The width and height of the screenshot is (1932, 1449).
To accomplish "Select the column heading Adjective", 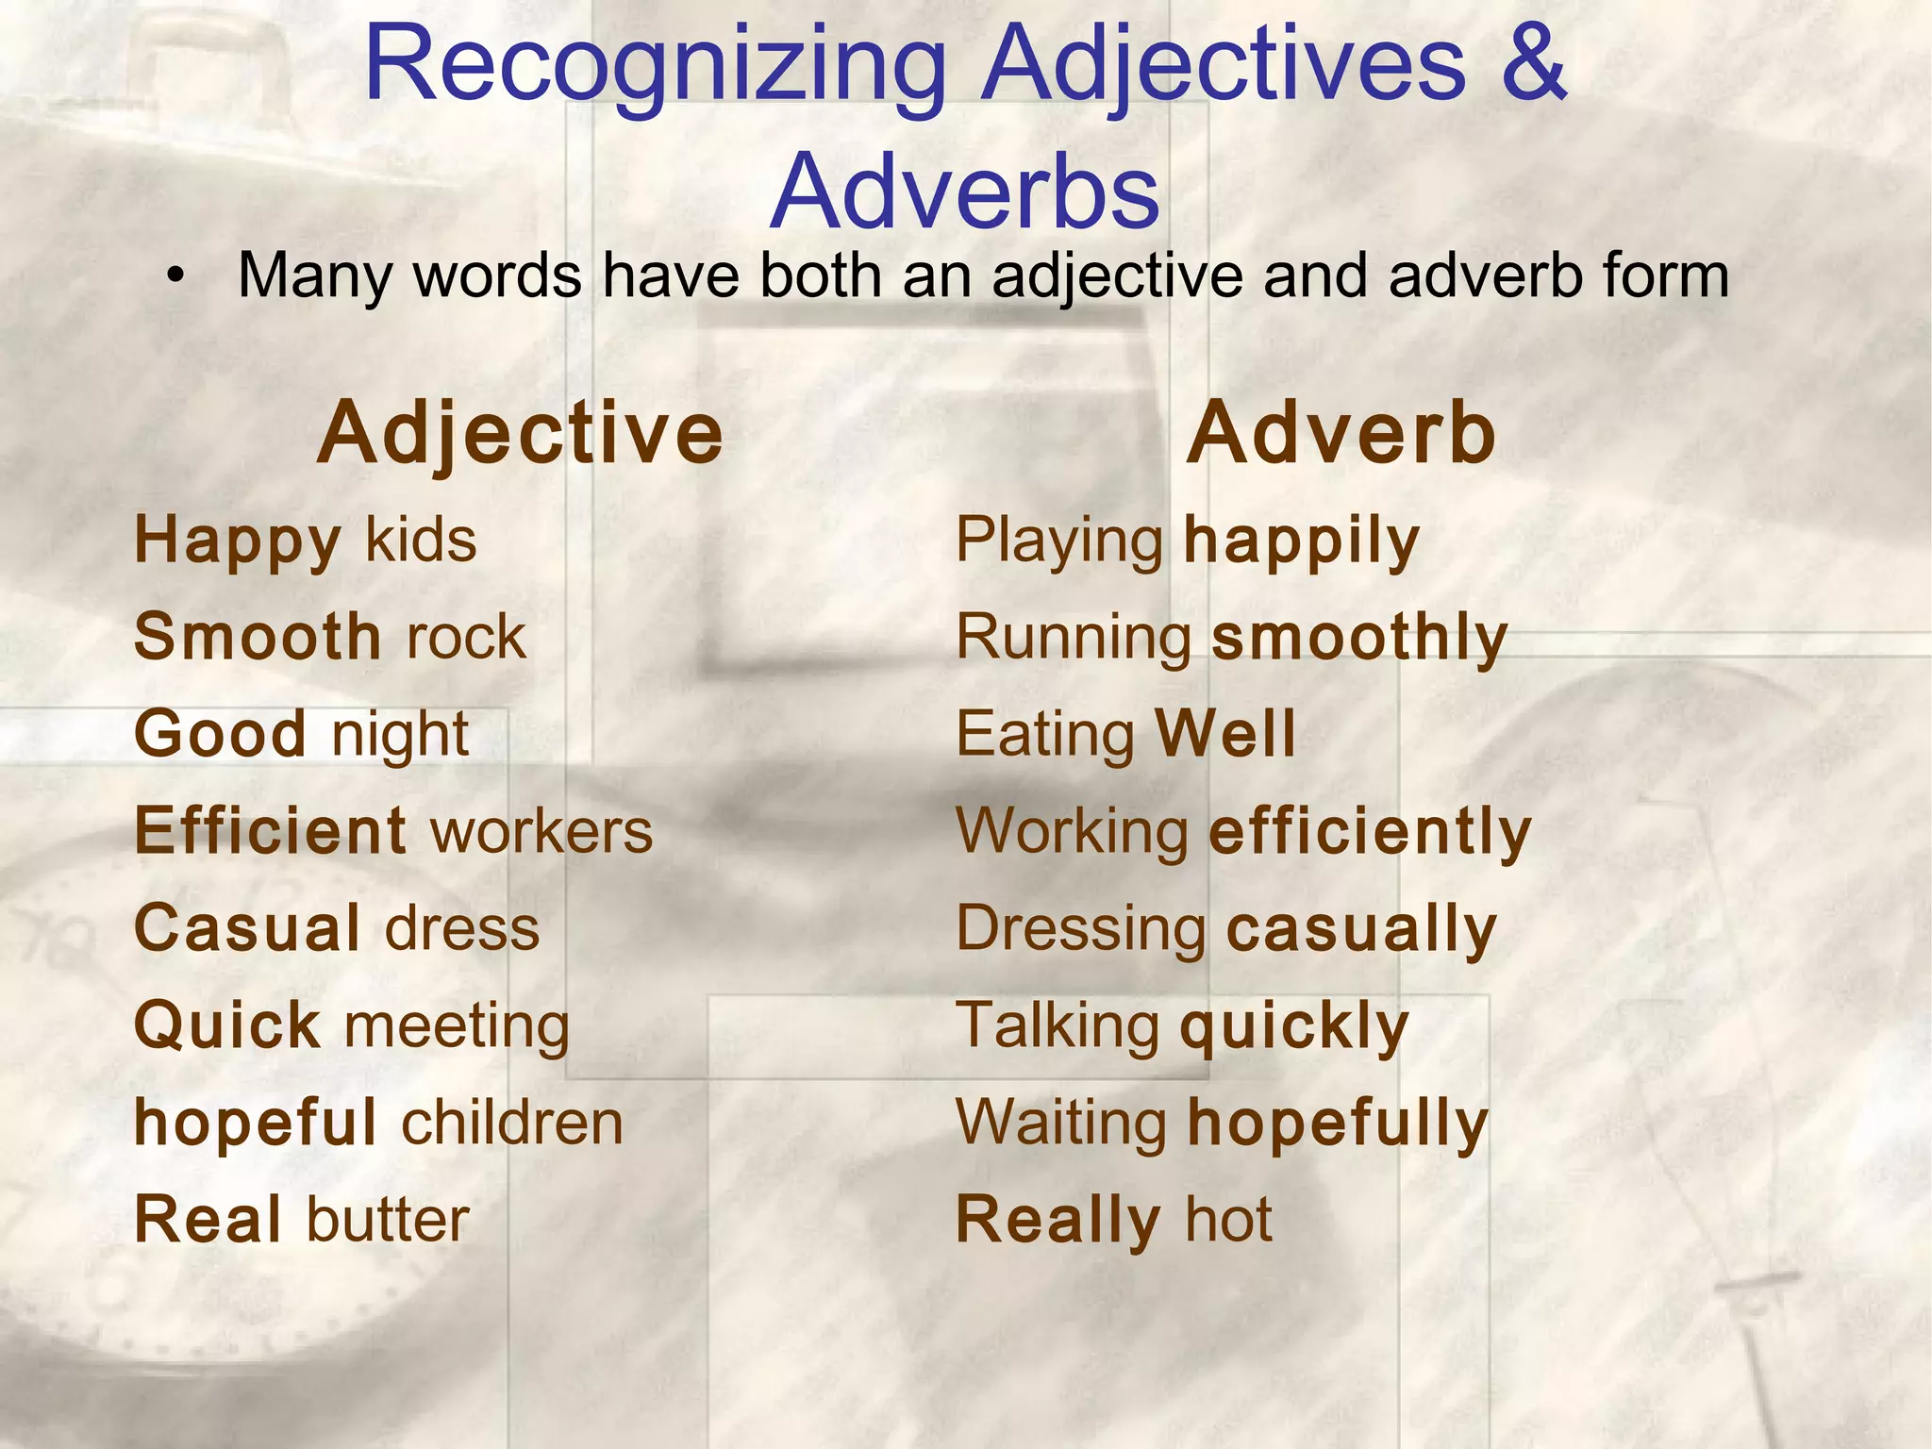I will [x=520, y=433].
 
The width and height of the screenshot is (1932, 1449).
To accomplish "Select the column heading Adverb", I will [x=1341, y=433].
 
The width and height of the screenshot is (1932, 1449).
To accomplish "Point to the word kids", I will [x=421, y=541].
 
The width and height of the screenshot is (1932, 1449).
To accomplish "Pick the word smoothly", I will [x=1359, y=638].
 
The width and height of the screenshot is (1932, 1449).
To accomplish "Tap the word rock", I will [x=466, y=638].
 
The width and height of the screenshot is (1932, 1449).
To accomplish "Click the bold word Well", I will [x=1225, y=734].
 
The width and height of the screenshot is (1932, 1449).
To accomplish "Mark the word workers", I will [x=541, y=832].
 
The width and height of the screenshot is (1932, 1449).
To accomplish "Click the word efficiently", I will [x=1370, y=834].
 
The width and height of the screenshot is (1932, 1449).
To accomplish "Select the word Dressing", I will [x=1081, y=930].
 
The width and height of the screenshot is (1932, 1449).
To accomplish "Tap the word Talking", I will [x=1058, y=1026].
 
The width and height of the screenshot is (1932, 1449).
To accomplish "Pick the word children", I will [x=513, y=1123].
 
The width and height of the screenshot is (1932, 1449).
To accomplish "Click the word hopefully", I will [x=1338, y=1124].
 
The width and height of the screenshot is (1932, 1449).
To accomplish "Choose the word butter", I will [x=388, y=1220].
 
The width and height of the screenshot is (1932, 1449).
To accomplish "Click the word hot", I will [x=1228, y=1220].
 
